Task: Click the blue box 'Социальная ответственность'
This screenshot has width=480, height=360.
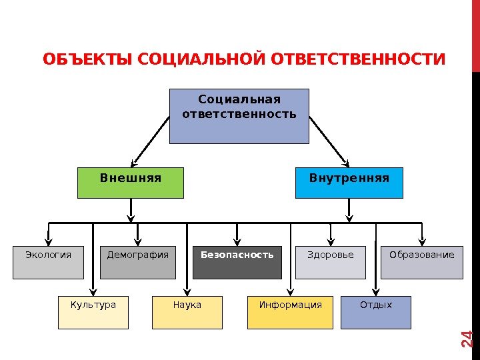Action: [239, 116]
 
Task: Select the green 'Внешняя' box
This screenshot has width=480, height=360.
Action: [131, 183]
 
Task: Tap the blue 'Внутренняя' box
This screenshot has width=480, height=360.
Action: [349, 183]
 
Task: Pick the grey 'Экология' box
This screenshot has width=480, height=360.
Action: [48, 263]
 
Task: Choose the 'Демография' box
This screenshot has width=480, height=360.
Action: [138, 263]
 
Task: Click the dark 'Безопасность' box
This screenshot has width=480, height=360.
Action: [237, 263]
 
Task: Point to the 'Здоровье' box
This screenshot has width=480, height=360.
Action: [331, 263]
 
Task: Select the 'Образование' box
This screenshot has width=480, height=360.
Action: [421, 263]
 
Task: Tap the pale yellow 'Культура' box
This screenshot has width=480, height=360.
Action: [93, 313]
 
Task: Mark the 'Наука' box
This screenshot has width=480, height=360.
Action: [187, 313]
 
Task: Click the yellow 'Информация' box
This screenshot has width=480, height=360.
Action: [290, 313]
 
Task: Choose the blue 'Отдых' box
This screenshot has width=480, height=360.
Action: [376, 313]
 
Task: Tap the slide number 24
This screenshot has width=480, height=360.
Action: [467, 339]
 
